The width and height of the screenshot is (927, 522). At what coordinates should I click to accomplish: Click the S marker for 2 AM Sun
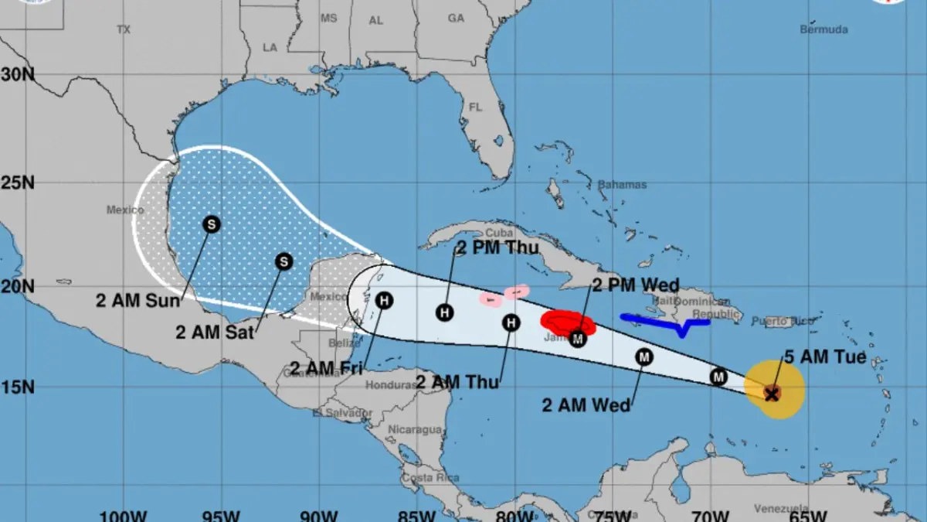point(211,224)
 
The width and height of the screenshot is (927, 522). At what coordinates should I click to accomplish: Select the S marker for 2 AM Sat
point(284,261)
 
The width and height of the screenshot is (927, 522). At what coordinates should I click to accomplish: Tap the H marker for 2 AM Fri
point(384,299)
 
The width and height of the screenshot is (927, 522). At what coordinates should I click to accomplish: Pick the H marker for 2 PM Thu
point(444,312)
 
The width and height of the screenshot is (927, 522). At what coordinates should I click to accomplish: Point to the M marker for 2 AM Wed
point(644,357)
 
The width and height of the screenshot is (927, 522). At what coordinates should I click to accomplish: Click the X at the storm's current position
point(771,394)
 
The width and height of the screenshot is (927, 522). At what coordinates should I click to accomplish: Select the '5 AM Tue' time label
point(825,357)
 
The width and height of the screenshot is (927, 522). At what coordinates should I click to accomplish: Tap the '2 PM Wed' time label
point(636,285)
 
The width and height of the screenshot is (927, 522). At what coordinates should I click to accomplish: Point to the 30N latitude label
point(17,75)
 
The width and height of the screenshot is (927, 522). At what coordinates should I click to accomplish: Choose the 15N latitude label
point(17,387)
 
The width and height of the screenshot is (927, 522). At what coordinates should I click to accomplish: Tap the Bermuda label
point(823,29)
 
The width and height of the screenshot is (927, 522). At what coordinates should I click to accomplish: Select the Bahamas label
point(622,185)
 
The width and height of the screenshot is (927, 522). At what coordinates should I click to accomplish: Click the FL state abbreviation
point(475,107)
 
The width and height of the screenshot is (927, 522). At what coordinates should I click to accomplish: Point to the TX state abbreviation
point(124,29)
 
